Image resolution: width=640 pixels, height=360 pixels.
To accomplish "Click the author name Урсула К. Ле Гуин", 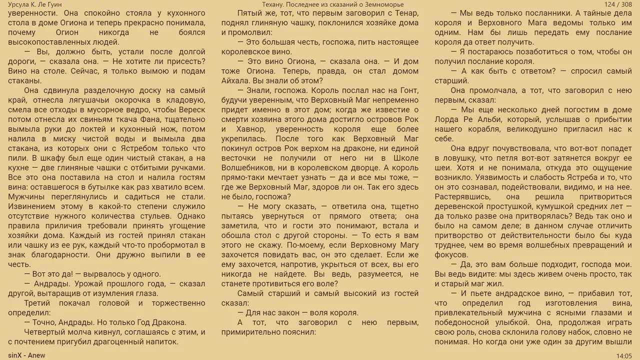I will pos(35,4).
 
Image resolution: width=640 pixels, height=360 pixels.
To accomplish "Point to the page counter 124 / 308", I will pos(618,4).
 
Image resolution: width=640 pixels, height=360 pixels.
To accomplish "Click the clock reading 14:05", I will pos(624,355).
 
